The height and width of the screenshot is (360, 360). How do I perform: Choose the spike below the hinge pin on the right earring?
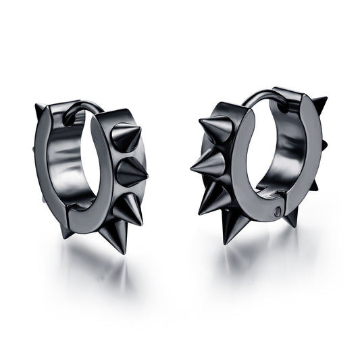(x=291, y=217)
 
